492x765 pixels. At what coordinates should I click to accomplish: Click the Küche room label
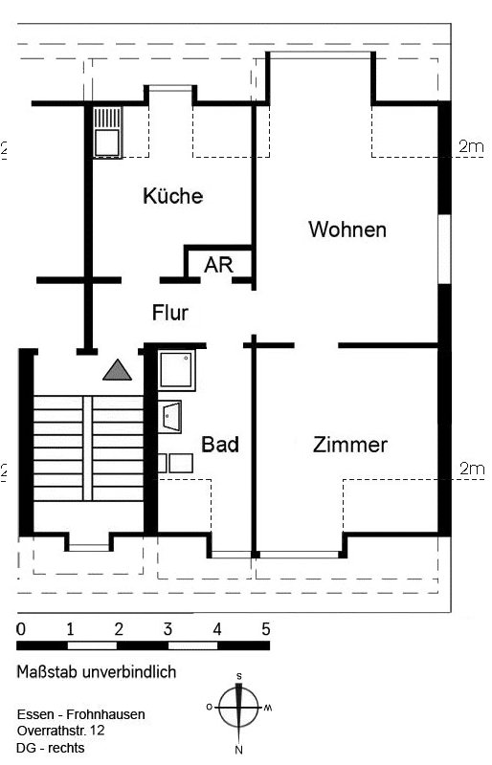172,196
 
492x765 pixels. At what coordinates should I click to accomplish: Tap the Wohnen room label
347,229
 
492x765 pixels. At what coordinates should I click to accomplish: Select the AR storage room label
218,265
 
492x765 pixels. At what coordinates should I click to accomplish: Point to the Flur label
170,313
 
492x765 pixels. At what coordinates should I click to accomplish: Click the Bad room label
220,445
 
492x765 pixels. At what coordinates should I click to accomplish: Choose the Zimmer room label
349,445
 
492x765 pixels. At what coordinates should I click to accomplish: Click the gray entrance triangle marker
118,370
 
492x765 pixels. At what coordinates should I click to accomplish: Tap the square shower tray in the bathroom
176,370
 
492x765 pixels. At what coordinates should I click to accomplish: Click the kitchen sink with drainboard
107,133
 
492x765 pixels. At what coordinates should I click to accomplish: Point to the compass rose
239,707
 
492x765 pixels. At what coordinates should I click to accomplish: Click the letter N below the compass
239,750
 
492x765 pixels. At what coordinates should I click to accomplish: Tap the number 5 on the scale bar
265,629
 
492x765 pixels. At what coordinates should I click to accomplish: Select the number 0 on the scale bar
20,629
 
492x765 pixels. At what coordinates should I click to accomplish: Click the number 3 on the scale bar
168,629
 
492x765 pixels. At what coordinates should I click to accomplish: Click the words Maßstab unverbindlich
97,672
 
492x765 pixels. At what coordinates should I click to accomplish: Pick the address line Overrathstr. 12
60,731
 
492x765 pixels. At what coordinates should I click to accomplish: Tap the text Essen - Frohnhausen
81,714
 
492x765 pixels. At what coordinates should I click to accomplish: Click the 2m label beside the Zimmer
472,469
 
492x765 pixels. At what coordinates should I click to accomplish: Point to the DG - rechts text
51,748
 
